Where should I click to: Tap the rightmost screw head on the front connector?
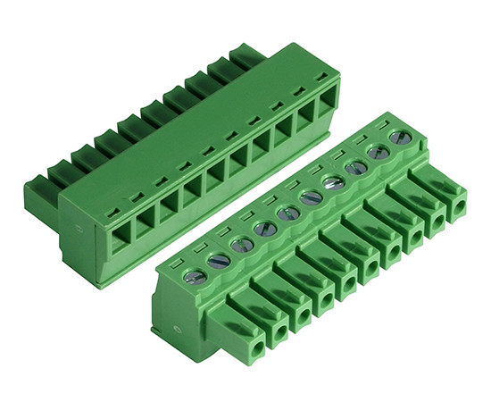tap(401, 138)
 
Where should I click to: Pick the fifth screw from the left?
tap(287, 214)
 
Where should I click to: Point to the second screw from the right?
tap(379, 153)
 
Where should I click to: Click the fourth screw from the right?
tap(334, 183)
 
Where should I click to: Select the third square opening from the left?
tap(167, 212)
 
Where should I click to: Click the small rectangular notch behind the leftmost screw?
tap(178, 261)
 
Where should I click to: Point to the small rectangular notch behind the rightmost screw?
tap(387, 123)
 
